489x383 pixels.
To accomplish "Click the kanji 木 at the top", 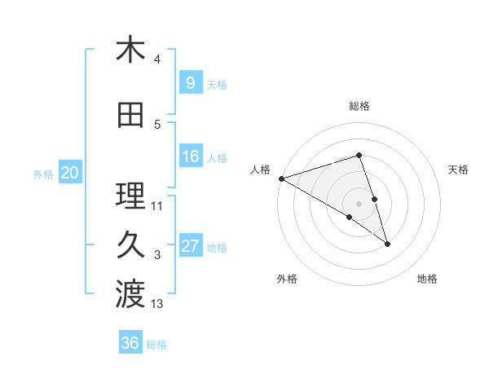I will click(x=130, y=51).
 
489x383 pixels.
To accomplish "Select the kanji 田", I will click(x=130, y=117).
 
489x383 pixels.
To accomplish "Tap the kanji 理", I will click(x=130, y=196).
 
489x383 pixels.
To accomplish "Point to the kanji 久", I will click(x=130, y=245).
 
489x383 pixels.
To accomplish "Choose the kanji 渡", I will click(x=130, y=294).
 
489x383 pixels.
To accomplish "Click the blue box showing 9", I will click(x=190, y=82).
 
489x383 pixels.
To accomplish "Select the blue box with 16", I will click(x=190, y=156).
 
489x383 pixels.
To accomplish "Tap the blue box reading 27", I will click(x=190, y=246).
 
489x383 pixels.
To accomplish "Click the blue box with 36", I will click(x=130, y=343).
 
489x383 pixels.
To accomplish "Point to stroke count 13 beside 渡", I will click(x=157, y=305).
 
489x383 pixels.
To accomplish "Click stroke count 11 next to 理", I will click(x=157, y=206).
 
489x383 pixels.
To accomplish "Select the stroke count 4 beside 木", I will click(x=157, y=59).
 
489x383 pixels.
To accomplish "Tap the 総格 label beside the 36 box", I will click(x=156, y=345).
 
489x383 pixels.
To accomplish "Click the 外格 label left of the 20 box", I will click(x=43, y=174).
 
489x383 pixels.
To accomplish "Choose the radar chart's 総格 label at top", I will click(x=359, y=106).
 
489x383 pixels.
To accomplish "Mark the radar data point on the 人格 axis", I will click(x=281, y=178).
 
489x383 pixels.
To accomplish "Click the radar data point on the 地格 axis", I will click(x=387, y=243).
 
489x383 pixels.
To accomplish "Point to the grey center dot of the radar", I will click(x=359, y=203).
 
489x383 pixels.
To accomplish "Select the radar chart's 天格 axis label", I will click(x=459, y=169).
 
